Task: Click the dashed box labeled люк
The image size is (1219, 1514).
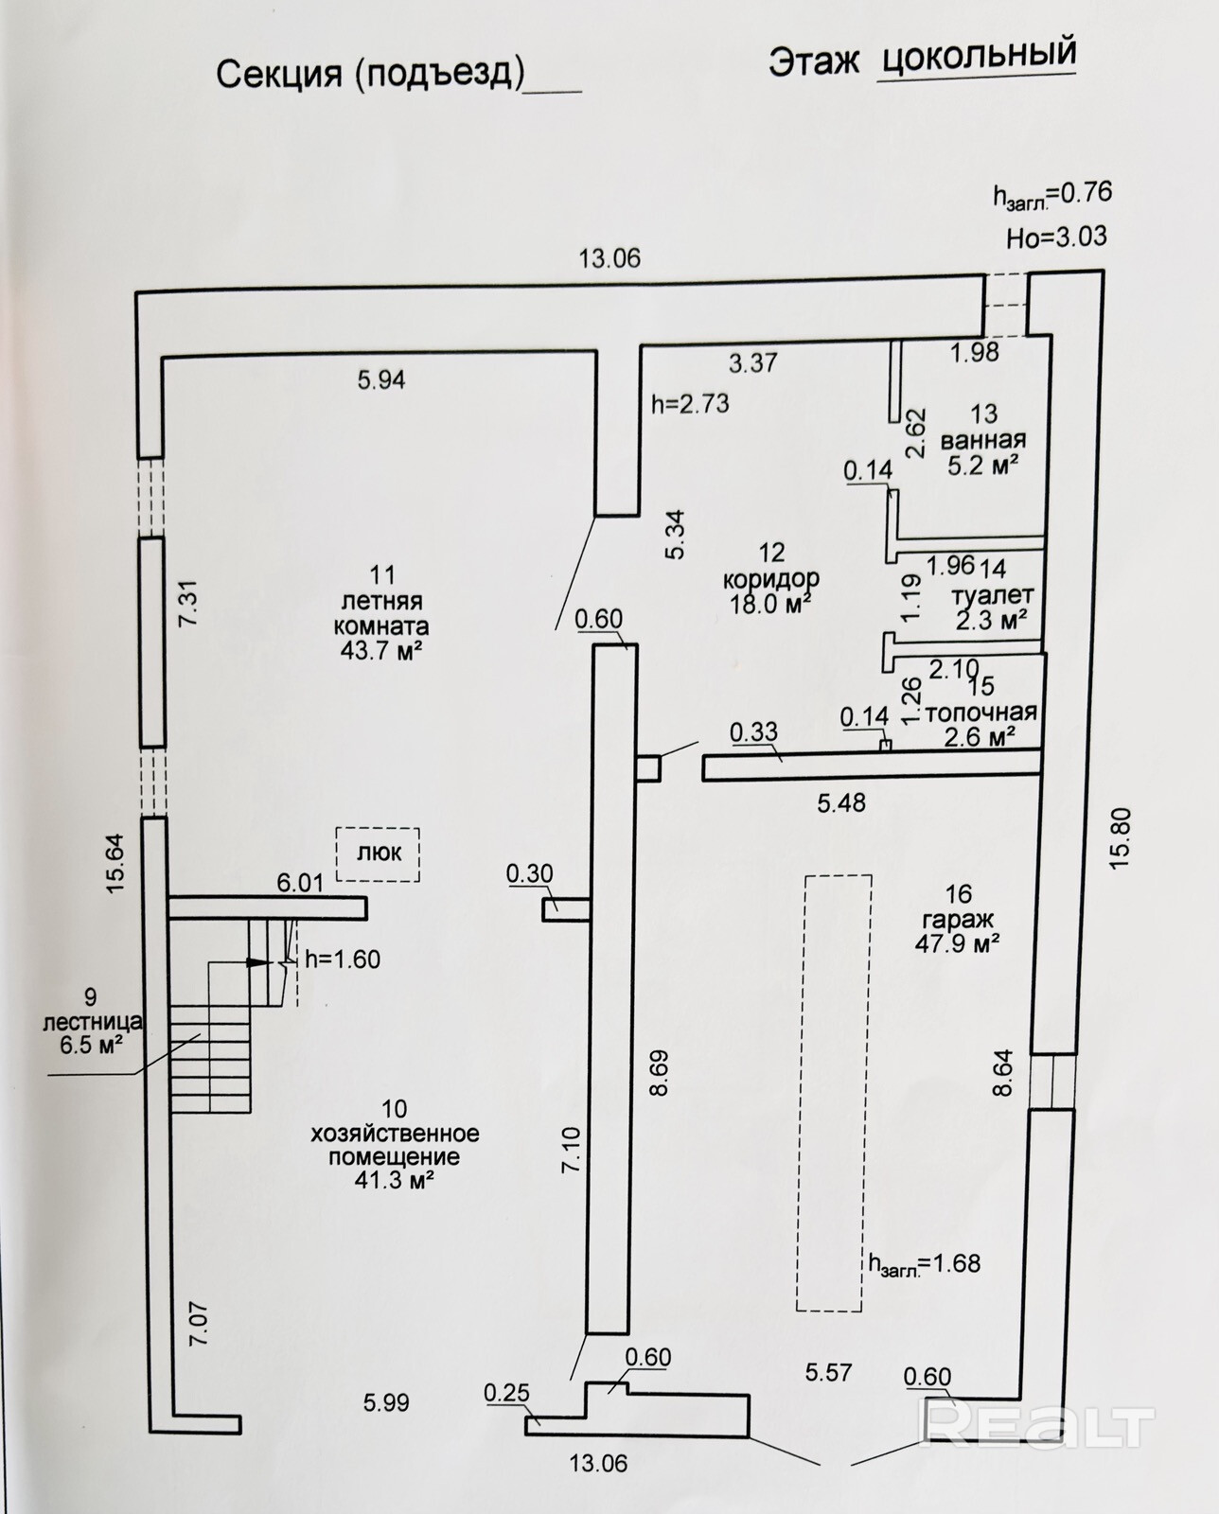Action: pyautogui.click(x=378, y=854)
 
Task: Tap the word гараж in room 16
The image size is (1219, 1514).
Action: pyautogui.click(x=958, y=919)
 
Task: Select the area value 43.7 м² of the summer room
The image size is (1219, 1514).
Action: pyautogui.click(x=377, y=651)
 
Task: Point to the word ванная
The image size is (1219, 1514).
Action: pyautogui.click(x=982, y=440)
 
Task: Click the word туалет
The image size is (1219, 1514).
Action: pyautogui.click(x=993, y=596)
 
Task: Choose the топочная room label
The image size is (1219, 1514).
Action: pyautogui.click(x=980, y=713)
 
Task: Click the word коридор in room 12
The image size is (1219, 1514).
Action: pyautogui.click(x=770, y=578)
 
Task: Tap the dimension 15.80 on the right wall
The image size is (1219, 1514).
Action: pyautogui.click(x=1120, y=836)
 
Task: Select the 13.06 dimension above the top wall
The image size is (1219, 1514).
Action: pyautogui.click(x=609, y=257)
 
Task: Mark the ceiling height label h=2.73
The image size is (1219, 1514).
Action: pyautogui.click(x=690, y=403)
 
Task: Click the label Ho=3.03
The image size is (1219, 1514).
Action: pyautogui.click(x=1056, y=236)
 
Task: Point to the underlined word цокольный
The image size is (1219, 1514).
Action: pyautogui.click(x=979, y=56)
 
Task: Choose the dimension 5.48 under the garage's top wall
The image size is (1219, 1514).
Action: pyautogui.click(x=841, y=802)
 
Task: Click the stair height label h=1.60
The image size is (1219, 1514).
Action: pyautogui.click(x=343, y=959)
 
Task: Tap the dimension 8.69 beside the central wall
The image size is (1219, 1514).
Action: pyautogui.click(x=660, y=1072)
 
